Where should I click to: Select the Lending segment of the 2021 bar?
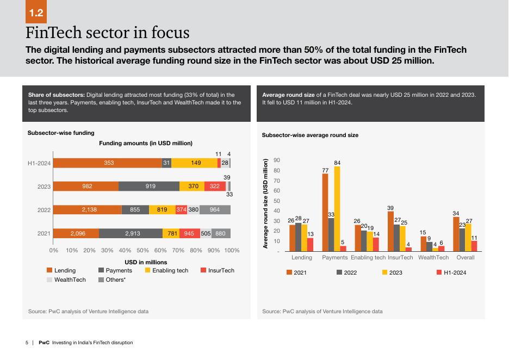click(x=76, y=233)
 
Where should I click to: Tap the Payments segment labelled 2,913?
click(x=131, y=233)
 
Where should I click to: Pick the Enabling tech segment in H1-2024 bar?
click(x=194, y=163)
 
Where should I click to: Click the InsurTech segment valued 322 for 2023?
click(x=215, y=186)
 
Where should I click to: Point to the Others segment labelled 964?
click(x=215, y=210)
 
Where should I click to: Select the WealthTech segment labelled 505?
click(x=206, y=233)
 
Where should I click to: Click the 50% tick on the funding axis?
click(x=142, y=251)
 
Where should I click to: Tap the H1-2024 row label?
click(x=39, y=163)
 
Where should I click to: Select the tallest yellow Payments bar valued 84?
click(x=337, y=209)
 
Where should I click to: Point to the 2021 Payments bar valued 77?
click(x=325, y=213)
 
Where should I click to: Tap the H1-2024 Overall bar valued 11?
click(x=474, y=246)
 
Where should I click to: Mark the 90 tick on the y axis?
click(x=277, y=160)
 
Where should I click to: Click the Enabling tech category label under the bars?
click(x=368, y=257)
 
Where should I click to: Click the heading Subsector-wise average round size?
click(x=310, y=135)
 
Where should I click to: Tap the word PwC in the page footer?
click(x=44, y=343)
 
